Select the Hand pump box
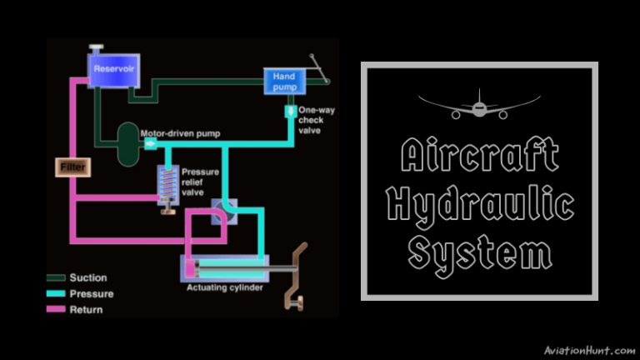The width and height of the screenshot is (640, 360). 284,82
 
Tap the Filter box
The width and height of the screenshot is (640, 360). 72,167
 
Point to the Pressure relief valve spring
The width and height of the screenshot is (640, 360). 168,180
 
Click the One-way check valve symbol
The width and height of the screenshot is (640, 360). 290,112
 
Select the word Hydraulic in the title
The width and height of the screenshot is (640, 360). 479,206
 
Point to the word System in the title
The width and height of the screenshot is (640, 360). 479,252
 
